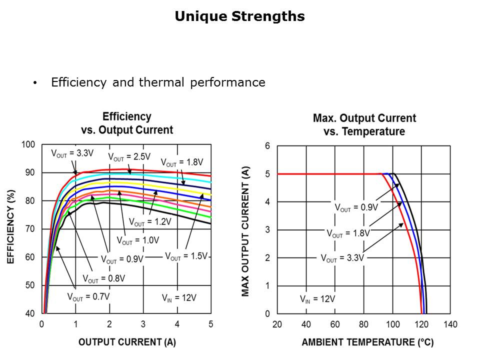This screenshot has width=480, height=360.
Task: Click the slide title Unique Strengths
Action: (x=239, y=16)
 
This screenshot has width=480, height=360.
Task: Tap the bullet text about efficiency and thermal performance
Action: (x=158, y=82)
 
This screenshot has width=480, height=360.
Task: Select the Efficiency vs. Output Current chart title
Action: (x=127, y=123)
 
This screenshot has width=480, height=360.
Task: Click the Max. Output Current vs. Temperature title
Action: (x=364, y=125)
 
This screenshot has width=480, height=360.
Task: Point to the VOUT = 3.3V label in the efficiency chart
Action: (x=71, y=153)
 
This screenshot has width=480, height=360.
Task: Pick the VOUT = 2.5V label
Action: (x=129, y=156)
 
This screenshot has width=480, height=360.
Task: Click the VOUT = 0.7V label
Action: (x=88, y=296)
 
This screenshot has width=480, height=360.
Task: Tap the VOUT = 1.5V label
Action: (x=186, y=256)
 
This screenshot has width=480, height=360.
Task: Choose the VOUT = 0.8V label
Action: (x=103, y=278)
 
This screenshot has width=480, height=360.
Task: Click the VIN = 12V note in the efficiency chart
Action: (x=179, y=297)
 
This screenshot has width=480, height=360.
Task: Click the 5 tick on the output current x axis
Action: (x=210, y=324)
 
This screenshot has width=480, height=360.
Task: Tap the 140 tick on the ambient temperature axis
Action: (x=450, y=324)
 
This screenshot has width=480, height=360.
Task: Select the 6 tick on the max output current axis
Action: (x=267, y=146)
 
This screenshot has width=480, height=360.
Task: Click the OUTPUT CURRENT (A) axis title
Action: (x=127, y=342)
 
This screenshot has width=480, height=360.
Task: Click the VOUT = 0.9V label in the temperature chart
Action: (x=356, y=207)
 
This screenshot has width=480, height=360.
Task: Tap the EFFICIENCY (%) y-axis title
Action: (x=10, y=226)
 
